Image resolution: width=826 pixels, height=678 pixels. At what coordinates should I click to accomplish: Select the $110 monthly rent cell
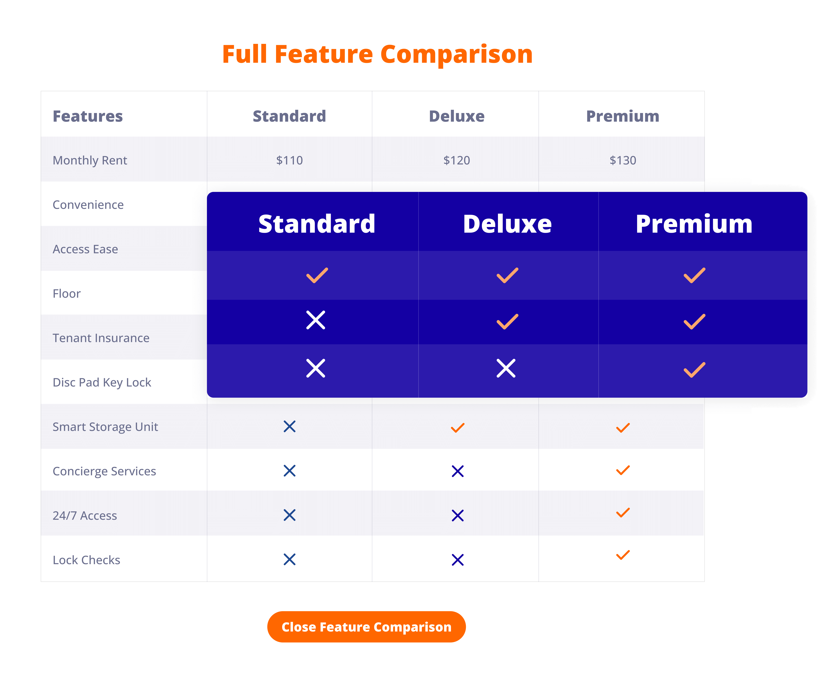coord(289,160)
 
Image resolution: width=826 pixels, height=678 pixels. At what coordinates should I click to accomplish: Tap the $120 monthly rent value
coord(456,160)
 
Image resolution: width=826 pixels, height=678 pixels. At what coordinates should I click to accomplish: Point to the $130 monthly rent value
coord(623,160)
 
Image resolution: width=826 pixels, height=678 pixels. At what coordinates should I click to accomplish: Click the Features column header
coord(88,116)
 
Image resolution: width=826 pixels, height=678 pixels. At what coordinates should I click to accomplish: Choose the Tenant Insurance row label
coord(101,338)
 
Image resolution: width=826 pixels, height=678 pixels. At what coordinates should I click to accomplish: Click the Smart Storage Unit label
coord(105,426)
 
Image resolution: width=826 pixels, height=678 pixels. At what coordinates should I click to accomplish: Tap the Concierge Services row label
coord(104,471)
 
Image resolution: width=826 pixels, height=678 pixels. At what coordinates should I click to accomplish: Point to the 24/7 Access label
coord(85,516)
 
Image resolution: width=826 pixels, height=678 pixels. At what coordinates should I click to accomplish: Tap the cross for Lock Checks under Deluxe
coord(457,560)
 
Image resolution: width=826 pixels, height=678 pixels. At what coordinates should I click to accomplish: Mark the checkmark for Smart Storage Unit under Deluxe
coord(457,428)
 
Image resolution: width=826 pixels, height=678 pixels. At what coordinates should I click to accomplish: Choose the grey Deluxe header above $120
coord(456,116)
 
